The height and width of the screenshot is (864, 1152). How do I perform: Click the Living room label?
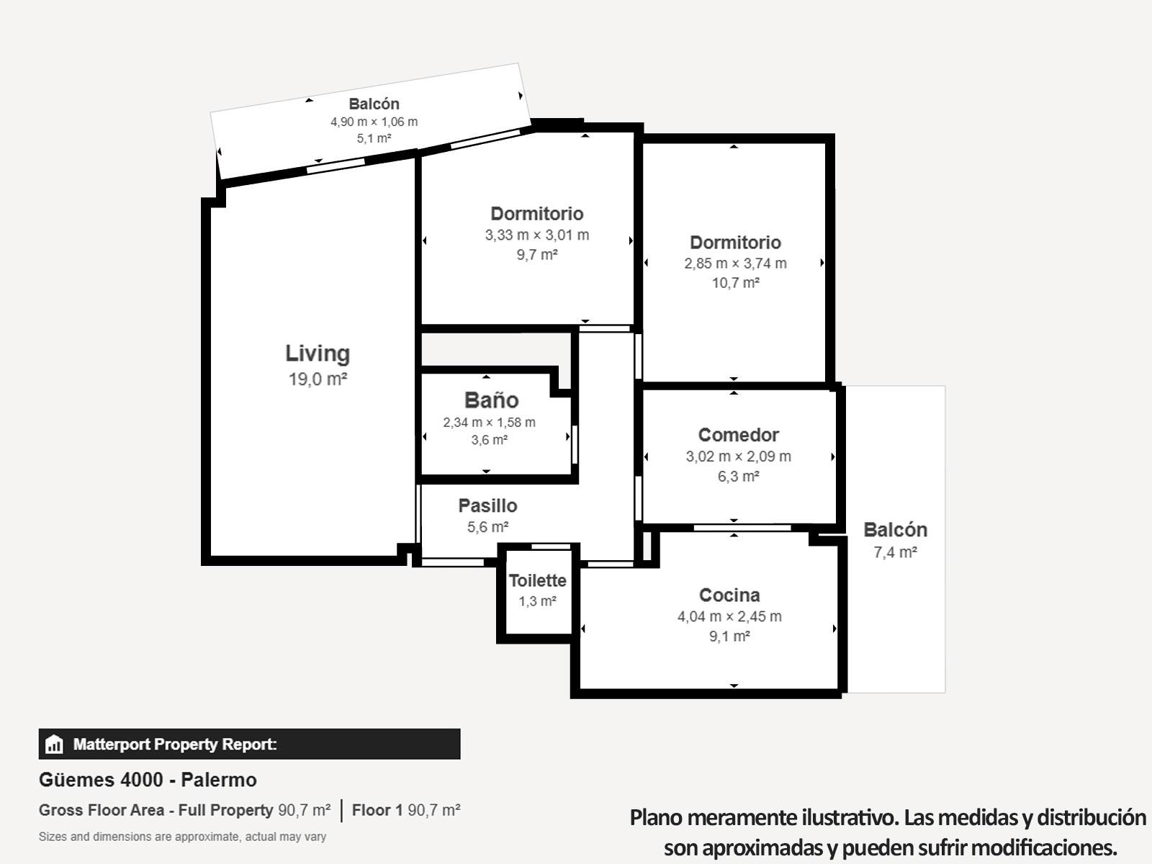pos(318,354)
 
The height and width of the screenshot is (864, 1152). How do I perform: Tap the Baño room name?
pos(492,400)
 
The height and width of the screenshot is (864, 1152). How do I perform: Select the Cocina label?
pos(729,595)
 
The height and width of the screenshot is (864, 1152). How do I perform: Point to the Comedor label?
pos(739,435)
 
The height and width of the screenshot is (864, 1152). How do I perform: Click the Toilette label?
pos(537,581)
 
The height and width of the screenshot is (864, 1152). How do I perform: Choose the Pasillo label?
pos(488,505)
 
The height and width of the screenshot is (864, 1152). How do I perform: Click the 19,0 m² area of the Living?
pos(318,379)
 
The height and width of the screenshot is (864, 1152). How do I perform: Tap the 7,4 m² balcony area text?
pos(896,552)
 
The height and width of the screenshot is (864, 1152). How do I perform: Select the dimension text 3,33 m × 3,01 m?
pos(537,235)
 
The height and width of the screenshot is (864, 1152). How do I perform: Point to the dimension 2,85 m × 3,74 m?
pos(735,264)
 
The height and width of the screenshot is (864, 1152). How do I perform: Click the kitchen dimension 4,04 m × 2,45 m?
pos(729,616)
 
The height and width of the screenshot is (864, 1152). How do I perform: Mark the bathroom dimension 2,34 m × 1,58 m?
pos(489,423)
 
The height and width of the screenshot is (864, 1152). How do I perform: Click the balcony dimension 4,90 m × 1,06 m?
pos(374,122)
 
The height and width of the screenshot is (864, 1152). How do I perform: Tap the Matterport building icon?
pos(54,744)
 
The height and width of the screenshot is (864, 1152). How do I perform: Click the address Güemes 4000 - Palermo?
pos(148,780)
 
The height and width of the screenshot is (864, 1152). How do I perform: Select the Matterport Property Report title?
pos(175,744)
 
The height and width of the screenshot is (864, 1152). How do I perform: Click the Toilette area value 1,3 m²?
pos(537,601)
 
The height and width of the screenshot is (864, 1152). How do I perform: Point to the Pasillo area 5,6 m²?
pos(488,527)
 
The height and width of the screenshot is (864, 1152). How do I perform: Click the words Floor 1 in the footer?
pos(377,810)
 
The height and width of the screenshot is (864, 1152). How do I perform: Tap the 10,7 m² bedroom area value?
pos(735,283)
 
